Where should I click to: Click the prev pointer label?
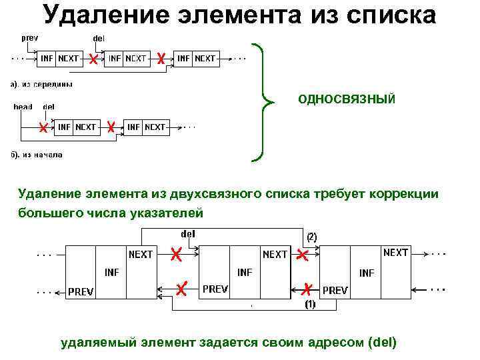30,38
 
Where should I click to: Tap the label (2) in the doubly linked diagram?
311,236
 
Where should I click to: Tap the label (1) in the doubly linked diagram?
310,305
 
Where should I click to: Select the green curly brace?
265,103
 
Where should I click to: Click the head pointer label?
23,106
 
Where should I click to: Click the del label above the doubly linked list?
188,233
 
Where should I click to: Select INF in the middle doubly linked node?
245,272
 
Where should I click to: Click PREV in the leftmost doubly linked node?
81,291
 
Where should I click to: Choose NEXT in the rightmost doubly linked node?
395,253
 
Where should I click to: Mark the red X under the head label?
43,127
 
